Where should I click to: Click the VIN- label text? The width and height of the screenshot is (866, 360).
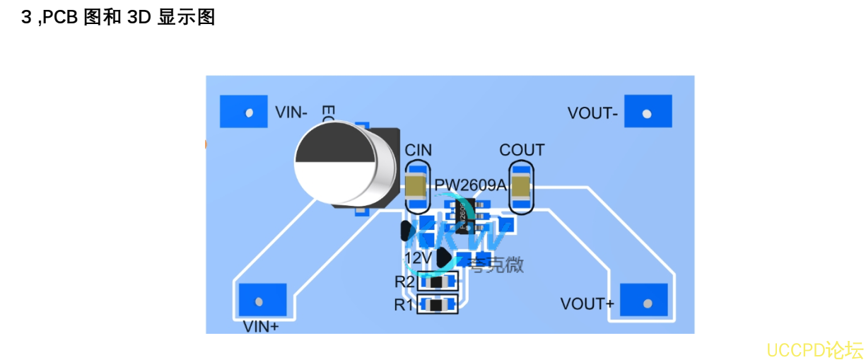pos(291,112)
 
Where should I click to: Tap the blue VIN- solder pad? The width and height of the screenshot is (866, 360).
pos(244,112)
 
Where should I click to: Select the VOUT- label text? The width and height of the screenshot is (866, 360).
pos(592,113)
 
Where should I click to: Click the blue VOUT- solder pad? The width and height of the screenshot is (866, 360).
pos(648,112)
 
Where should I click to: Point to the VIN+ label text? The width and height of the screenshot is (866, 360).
pos(261,327)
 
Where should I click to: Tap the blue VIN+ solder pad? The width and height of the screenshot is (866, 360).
pos(262,301)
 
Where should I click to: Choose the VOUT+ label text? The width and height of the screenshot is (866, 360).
pos(587,305)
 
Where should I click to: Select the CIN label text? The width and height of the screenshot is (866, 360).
pos(418,151)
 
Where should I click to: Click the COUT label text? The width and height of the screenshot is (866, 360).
pos(522,150)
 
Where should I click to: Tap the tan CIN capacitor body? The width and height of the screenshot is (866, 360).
pos(416,186)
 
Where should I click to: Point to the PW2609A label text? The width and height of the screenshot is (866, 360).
pos(471,185)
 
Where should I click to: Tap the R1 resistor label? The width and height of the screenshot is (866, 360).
pos(404,306)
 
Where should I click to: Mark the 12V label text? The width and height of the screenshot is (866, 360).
pos(419,257)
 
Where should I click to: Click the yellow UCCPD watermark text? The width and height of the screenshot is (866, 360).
pos(814,350)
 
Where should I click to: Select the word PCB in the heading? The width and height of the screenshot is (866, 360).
pos(60,18)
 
